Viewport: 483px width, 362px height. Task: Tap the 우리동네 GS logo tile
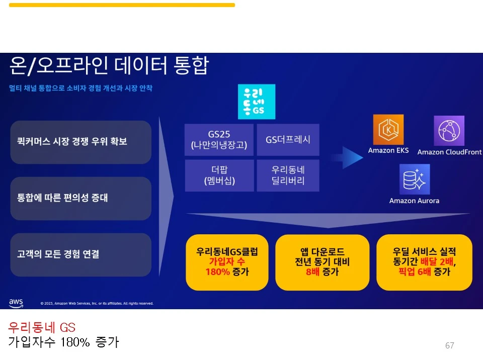pos(257,102)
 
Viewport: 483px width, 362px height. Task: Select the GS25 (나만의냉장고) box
pos(219,140)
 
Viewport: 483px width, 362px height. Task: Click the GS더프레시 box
pos(288,140)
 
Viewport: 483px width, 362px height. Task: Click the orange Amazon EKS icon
pos(388,130)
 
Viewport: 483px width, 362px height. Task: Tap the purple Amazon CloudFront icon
pos(449,131)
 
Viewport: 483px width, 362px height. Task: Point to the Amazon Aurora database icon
pos(415,179)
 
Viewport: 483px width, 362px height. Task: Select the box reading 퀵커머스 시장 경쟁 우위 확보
pos(80,142)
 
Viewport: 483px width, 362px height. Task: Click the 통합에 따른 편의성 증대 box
pos(80,198)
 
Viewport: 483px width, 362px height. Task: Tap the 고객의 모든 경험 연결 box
pos(80,254)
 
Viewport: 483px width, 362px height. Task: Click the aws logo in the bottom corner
pos(16,303)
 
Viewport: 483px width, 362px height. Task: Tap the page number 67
pos(450,345)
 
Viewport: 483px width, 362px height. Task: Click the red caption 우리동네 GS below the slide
pos(42,328)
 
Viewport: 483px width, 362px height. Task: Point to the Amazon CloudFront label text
pos(449,152)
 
